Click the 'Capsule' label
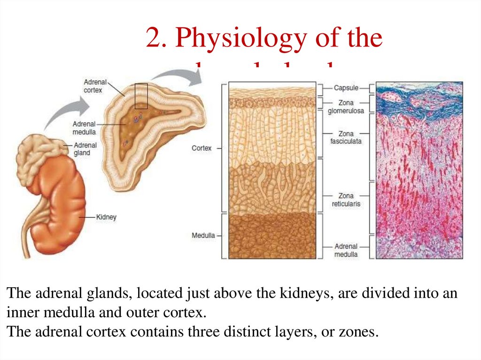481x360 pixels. tap(346, 88)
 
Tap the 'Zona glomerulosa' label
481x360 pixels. tap(346, 107)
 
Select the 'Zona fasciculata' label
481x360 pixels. tap(347, 137)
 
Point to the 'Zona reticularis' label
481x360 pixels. tap(346, 200)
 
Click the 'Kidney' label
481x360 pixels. tap(106, 217)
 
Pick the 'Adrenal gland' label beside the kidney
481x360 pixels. tap(82, 149)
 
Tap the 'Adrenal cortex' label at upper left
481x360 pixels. tap(93, 85)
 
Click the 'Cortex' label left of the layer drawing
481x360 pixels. tap(202, 148)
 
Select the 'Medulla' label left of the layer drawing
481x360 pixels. tap(203, 235)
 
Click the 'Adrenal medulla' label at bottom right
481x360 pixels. tap(346, 250)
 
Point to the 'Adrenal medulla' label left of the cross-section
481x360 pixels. tap(84, 128)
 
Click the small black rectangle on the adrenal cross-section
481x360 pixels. tap(141, 96)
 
